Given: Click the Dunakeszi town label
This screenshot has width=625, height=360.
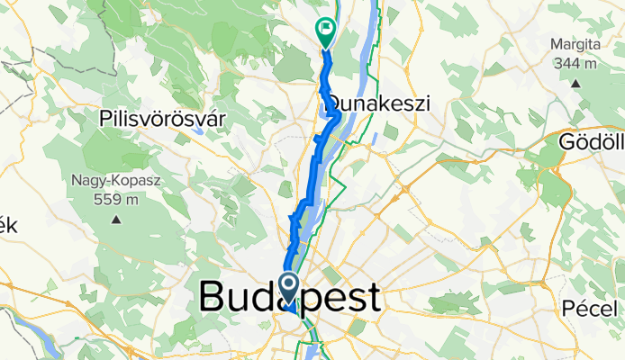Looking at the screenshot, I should click(378, 103).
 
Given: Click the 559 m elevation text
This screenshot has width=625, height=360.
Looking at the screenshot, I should click(118, 199).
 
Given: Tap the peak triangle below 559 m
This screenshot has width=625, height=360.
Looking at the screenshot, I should click(116, 218).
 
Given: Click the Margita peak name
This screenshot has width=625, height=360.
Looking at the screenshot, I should click(576, 44).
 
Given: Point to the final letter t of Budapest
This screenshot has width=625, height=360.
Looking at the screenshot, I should click(370, 296).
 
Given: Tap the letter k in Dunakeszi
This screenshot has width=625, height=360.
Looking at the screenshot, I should click(381, 103).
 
